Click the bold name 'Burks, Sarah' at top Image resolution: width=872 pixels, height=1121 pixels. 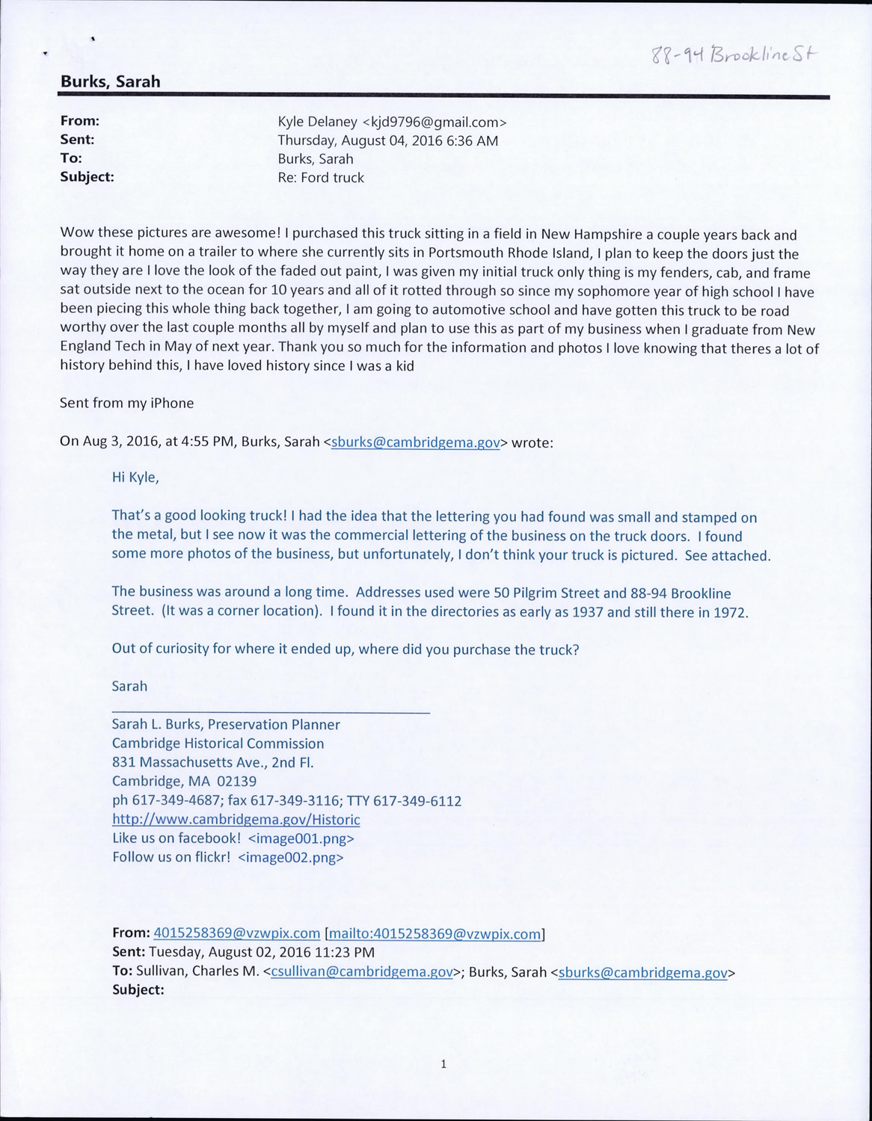click(x=110, y=81)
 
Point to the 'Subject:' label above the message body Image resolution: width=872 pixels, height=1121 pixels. click(x=87, y=177)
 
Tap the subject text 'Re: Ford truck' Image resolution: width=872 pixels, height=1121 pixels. click(x=320, y=178)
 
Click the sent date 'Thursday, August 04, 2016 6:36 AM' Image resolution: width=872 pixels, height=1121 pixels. click(x=387, y=140)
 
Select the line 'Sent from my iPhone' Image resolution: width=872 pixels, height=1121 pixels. click(x=126, y=403)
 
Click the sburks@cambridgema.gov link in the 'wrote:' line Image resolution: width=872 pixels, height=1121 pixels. click(x=415, y=442)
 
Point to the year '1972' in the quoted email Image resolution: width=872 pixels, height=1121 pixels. click(x=728, y=612)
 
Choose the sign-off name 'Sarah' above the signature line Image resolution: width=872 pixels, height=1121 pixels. click(x=129, y=685)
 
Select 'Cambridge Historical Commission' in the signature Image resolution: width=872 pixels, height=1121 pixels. click(x=218, y=743)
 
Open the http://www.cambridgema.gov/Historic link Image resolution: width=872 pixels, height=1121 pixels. click(x=236, y=819)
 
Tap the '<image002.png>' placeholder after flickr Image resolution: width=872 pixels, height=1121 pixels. click(x=290, y=857)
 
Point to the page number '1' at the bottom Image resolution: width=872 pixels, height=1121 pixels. click(x=443, y=1064)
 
